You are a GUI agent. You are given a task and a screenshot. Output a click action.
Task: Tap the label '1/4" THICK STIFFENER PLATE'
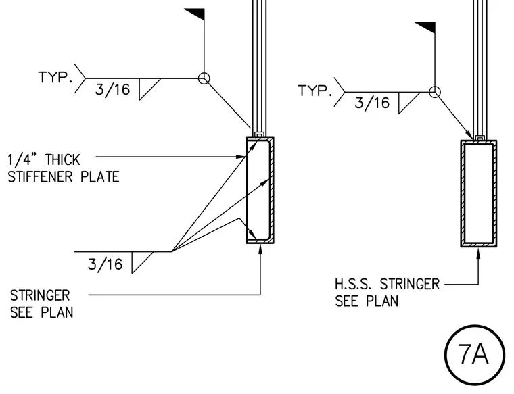64,168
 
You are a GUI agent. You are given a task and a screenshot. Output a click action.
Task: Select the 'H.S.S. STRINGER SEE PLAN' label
387,293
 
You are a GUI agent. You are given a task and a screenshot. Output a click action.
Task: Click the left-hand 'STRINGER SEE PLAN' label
42,304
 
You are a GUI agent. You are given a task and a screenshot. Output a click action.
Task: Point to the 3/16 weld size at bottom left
106,264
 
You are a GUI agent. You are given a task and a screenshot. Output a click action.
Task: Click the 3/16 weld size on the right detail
372,103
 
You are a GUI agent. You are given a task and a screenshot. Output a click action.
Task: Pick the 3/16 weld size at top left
112,89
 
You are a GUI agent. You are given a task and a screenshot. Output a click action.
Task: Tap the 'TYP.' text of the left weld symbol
55,77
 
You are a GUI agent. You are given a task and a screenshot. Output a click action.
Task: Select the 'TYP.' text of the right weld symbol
314,91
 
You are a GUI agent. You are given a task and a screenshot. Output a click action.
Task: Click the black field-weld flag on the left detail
196,14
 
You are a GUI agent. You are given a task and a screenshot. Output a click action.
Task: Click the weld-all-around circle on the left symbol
204,78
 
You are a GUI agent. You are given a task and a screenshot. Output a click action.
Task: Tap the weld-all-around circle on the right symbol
435,92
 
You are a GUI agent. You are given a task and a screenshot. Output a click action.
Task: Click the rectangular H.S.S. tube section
479,193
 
